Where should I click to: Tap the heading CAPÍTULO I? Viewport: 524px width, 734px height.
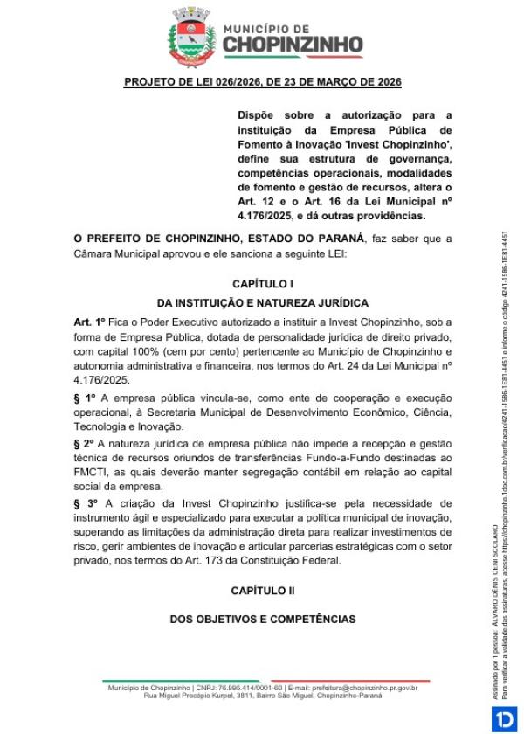tap(262, 284)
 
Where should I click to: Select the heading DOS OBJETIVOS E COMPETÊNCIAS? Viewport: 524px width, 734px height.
tap(262, 619)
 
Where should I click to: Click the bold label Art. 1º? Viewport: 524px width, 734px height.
tap(90, 323)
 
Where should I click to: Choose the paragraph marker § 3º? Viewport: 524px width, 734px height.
tap(85, 503)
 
